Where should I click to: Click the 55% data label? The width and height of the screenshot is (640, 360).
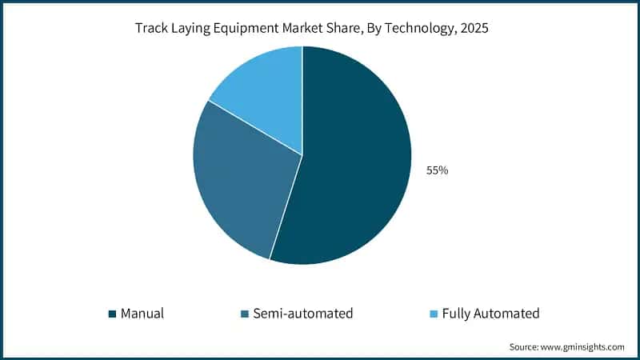pos(437,170)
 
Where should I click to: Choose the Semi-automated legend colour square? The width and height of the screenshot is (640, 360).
pos(244,314)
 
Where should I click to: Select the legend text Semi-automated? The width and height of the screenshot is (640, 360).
pos(302,314)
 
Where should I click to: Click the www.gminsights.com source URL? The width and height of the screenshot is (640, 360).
pos(585,347)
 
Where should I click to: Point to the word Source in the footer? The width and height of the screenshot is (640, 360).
pos(526,347)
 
